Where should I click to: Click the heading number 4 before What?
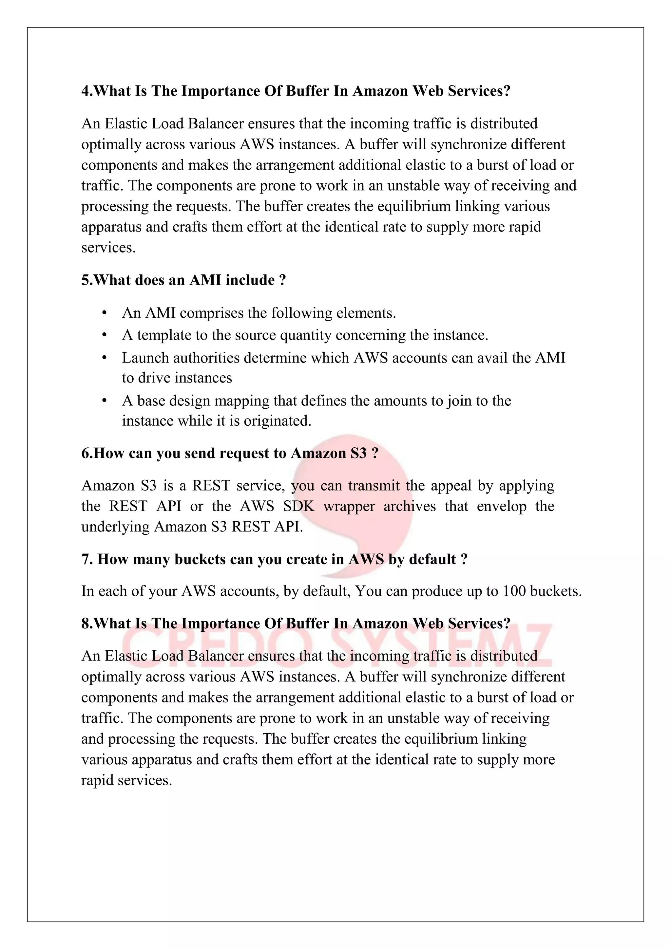[85, 91]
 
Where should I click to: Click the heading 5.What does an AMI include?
[183, 280]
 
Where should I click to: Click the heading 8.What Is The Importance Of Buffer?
[296, 623]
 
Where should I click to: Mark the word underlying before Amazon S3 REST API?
[115, 527]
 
